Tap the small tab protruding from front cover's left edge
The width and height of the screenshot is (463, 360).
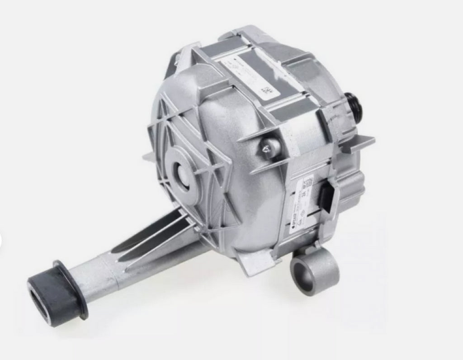tap(149, 156)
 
